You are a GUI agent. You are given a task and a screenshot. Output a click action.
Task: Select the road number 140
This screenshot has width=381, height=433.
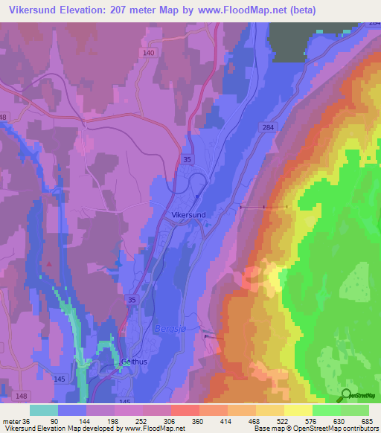[x=149, y=54]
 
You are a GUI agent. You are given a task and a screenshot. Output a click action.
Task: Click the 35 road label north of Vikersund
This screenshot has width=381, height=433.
[x=189, y=159]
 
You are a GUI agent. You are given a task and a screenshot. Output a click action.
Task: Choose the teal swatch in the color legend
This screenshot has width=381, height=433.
[x=44, y=410]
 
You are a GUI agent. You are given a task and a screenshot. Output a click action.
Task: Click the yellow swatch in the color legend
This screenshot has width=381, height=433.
[x=298, y=410]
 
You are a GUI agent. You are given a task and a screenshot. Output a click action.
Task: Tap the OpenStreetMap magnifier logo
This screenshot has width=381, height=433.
[x=347, y=397]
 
